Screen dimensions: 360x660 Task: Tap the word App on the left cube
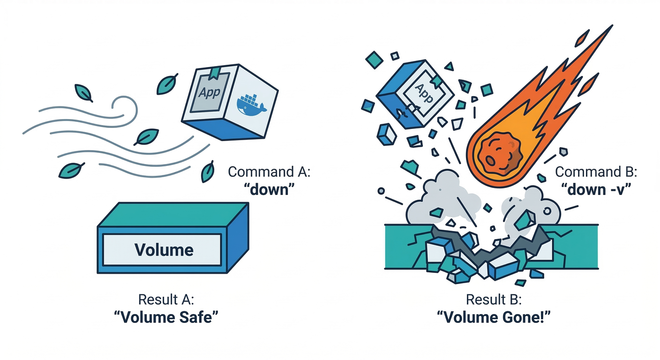pyautogui.click(x=209, y=92)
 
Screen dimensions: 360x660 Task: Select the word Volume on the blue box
pyautogui.click(x=164, y=249)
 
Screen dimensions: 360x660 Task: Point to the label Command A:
pyautogui.click(x=269, y=172)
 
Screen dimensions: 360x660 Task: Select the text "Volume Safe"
pyautogui.click(x=167, y=317)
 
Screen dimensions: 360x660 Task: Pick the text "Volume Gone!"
pyautogui.click(x=493, y=317)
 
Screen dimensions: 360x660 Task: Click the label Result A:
pyautogui.click(x=166, y=299)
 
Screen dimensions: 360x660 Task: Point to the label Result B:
pyautogui.click(x=493, y=299)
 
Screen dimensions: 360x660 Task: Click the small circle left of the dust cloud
pyautogui.click(x=381, y=191)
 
